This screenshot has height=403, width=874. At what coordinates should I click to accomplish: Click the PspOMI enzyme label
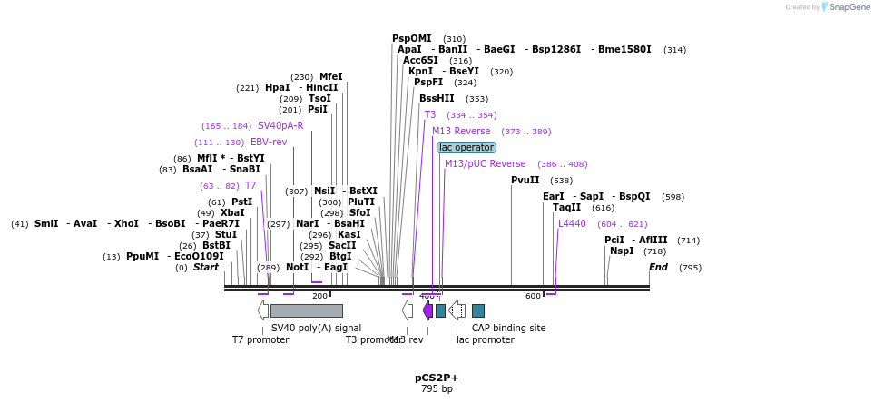click(411, 38)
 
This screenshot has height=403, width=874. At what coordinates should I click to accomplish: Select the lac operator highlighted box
click(466, 147)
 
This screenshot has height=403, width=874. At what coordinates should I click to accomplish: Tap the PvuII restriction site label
click(525, 180)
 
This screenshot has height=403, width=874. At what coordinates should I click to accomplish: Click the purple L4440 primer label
click(572, 223)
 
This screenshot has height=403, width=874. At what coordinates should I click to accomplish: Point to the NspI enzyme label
click(622, 251)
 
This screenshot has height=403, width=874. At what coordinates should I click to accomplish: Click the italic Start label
click(205, 267)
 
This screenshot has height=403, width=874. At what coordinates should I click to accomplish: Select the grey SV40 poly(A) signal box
click(306, 310)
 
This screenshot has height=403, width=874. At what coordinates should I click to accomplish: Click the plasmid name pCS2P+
click(437, 378)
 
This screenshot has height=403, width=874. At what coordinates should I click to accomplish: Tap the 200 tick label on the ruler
click(319, 296)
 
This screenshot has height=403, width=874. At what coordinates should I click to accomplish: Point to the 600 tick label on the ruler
click(533, 296)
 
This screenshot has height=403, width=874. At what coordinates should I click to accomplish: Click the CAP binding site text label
click(508, 328)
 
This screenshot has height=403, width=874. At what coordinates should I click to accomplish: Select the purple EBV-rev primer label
click(269, 142)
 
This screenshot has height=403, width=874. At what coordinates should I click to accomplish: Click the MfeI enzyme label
click(330, 76)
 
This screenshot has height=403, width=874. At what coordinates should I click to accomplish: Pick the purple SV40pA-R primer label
click(280, 125)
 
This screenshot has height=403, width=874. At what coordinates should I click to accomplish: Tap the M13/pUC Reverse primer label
click(485, 163)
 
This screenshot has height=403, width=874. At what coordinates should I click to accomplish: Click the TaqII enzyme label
click(566, 207)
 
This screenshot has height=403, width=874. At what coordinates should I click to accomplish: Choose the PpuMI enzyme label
click(142, 256)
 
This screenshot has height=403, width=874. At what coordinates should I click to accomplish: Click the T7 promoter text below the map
click(260, 339)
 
